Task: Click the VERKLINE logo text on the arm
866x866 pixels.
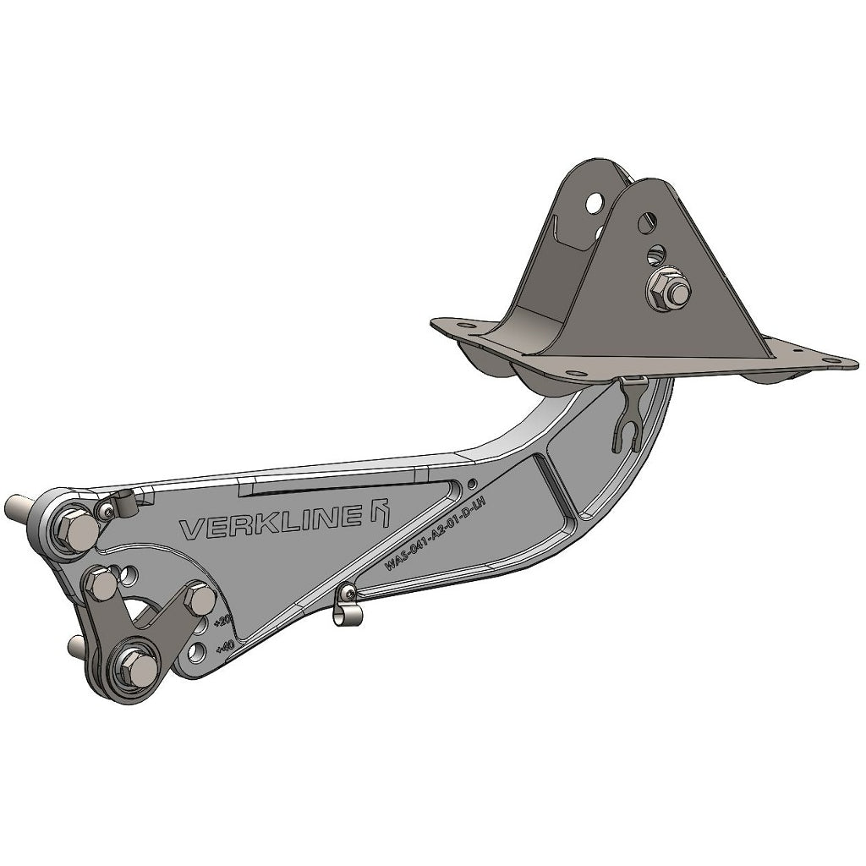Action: tap(271, 526)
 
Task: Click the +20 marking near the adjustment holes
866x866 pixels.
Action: tap(222, 622)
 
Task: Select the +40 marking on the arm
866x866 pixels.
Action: tap(225, 648)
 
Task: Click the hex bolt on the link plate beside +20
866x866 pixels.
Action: tap(200, 599)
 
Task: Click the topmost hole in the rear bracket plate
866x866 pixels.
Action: tap(595, 202)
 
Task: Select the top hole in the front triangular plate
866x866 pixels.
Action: tap(647, 222)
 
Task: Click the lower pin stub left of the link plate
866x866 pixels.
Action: tap(79, 647)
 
